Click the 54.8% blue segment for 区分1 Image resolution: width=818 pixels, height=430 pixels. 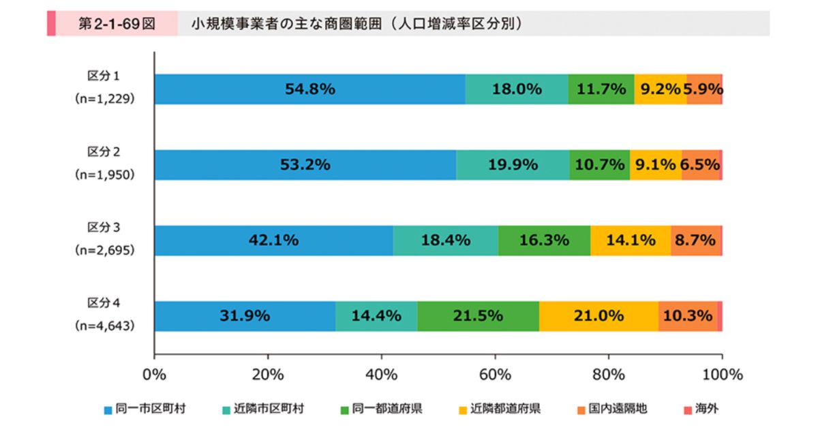click(x=310, y=89)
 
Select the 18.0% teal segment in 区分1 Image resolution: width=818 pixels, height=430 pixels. click(x=517, y=89)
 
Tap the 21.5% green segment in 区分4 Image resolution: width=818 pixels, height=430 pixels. click(x=478, y=316)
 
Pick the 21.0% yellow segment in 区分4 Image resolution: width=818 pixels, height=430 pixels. click(x=599, y=316)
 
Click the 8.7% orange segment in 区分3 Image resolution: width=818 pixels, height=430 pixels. click(x=695, y=240)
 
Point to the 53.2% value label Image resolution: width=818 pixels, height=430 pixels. click(x=305, y=164)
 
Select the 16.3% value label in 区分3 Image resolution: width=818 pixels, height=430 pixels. click(x=544, y=240)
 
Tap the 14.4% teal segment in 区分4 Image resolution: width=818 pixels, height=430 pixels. click(x=376, y=316)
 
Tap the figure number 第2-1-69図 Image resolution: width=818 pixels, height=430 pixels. click(x=117, y=24)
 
